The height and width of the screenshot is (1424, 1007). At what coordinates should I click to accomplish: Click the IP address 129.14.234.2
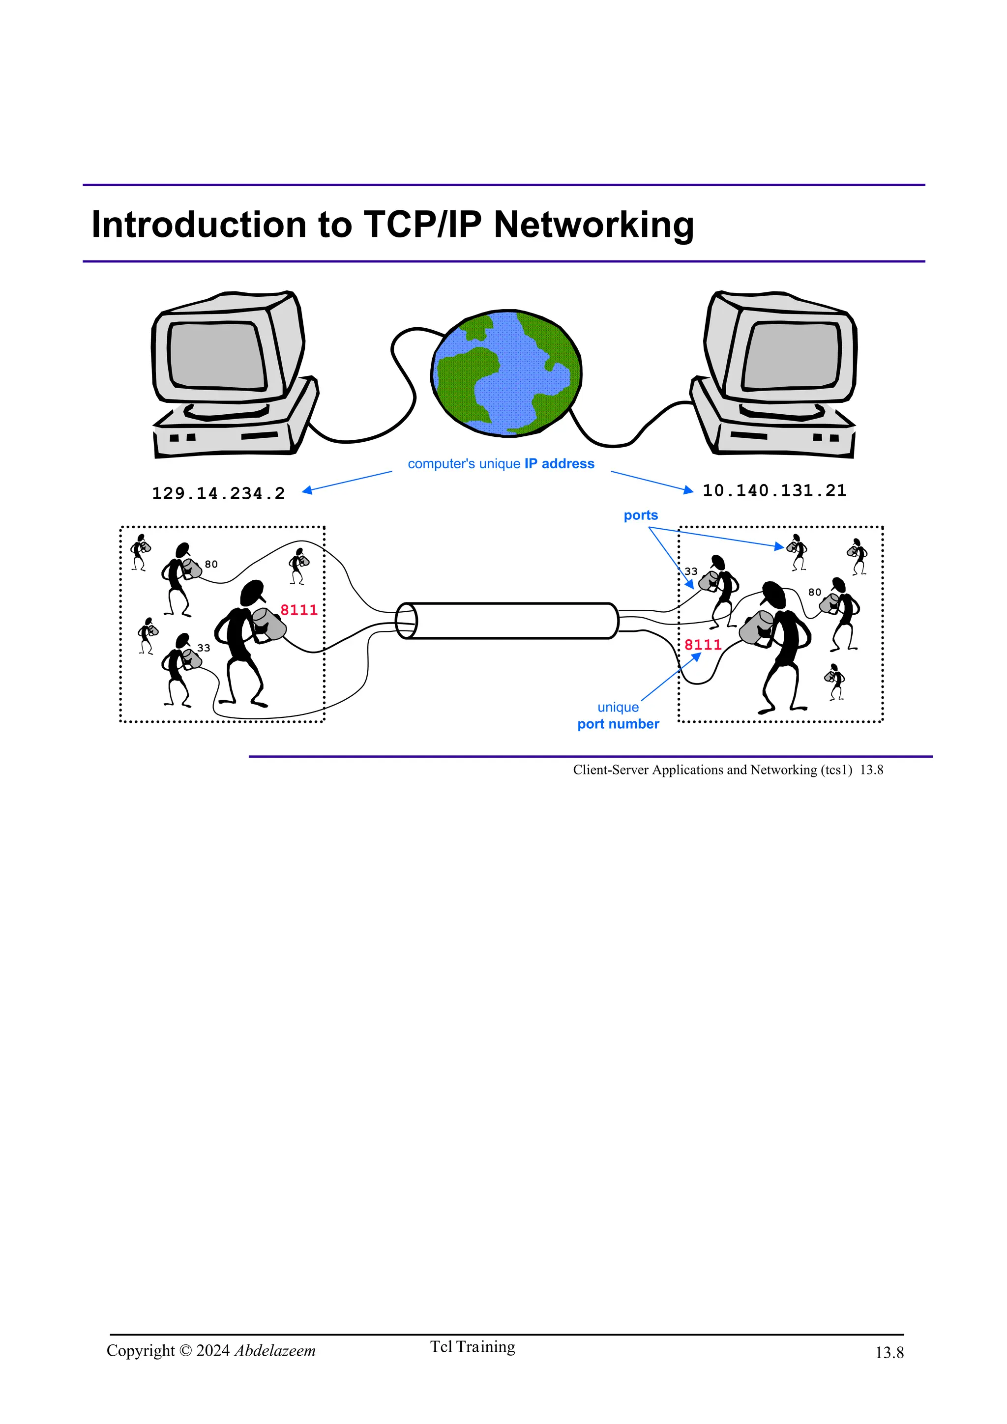[218, 494]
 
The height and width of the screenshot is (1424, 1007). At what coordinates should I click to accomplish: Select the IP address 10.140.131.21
[774, 490]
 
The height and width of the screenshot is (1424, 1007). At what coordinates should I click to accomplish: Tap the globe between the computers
[506, 373]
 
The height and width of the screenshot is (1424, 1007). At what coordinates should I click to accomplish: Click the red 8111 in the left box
[298, 610]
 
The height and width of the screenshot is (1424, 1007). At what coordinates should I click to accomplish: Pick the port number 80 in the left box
[211, 565]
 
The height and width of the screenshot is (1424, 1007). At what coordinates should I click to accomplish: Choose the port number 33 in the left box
[204, 648]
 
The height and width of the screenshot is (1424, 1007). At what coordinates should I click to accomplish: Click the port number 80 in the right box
[814, 592]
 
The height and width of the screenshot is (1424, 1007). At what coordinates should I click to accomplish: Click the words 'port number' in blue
[618, 724]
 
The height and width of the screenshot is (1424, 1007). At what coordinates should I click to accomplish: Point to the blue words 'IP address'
[559, 464]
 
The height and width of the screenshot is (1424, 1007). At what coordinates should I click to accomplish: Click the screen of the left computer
[216, 355]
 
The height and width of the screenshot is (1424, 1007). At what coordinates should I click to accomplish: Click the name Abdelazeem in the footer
[275, 1351]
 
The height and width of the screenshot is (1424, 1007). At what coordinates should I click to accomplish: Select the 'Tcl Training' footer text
[473, 1347]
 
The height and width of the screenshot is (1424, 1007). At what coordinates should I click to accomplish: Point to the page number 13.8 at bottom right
[889, 1353]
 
